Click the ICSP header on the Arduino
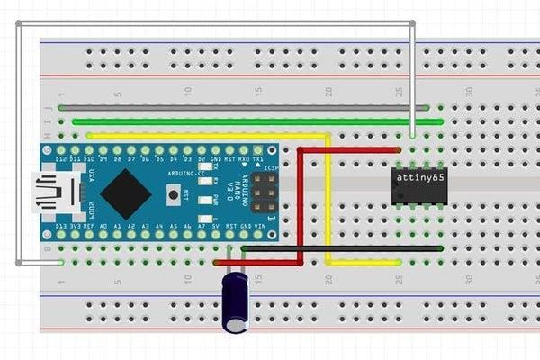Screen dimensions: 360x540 [264, 191]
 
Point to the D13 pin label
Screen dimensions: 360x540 [61, 226]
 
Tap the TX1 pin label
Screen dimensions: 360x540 [258, 157]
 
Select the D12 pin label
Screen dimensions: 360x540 [61, 157]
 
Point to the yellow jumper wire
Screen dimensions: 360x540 [328, 198]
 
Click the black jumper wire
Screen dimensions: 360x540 [342, 247]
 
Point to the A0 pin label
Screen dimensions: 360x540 [103, 226]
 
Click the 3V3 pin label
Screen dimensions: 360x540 [76, 226]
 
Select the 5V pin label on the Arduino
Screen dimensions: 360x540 [217, 226]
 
